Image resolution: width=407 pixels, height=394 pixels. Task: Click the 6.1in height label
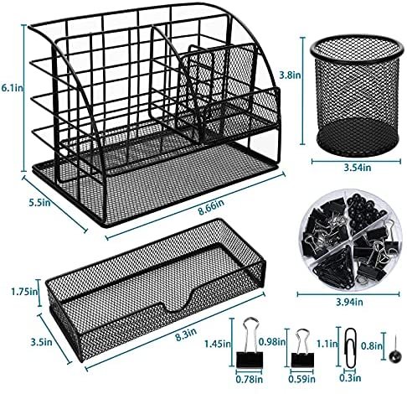[13, 88]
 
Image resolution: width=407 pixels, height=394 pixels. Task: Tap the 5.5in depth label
[40, 202]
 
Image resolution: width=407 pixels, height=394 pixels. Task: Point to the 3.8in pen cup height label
[291, 75]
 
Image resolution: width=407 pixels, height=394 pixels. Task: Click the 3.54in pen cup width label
[358, 168]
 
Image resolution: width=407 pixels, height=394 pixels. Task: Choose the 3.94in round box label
[349, 302]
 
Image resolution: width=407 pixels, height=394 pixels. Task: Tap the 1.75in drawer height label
[24, 292]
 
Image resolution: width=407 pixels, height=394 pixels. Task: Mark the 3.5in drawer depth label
[41, 342]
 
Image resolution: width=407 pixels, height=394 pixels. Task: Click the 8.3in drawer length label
[186, 334]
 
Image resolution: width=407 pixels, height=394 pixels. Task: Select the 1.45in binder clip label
[218, 344]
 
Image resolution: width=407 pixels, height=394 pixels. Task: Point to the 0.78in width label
[250, 379]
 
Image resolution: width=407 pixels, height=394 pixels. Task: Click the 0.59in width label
[301, 379]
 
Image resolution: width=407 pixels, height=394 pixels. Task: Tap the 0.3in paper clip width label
[350, 378]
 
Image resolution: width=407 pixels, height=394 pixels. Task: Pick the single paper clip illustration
[349, 347]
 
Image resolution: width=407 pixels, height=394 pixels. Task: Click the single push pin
[394, 352]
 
